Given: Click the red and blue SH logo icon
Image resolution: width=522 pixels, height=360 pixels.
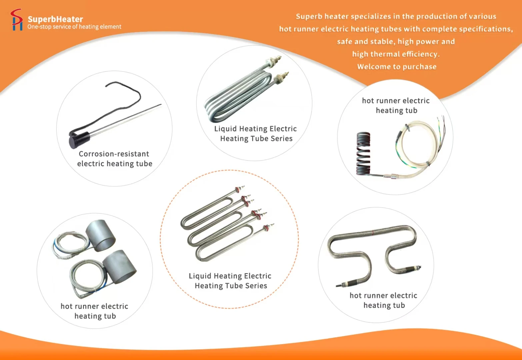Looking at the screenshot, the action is coord(17,20).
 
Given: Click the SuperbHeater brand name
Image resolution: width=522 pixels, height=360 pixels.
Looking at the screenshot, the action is coord(55,19).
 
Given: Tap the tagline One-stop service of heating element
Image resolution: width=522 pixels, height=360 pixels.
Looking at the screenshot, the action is coord(74,27).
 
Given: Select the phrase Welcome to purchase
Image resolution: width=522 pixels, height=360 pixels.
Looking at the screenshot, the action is coord(397,67).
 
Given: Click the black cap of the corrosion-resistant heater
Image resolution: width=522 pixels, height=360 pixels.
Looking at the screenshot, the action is coord(79,140).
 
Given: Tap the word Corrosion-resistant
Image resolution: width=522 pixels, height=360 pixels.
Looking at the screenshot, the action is coord(114,154).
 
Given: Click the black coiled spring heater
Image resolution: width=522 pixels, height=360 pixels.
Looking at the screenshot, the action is coord(363,154).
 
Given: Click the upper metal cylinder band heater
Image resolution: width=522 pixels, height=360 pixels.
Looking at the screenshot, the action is coord(101,236).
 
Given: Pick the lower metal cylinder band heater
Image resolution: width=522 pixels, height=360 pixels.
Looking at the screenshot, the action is coord(119,264).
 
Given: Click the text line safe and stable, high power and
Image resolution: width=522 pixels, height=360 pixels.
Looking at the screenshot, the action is coord(396,41).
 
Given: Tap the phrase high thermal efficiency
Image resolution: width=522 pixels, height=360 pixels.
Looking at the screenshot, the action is coord(396,54).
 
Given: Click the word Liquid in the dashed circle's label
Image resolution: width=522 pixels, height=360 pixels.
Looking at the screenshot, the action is coord(200,276).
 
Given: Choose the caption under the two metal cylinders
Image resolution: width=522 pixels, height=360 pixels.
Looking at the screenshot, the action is coord(95,311).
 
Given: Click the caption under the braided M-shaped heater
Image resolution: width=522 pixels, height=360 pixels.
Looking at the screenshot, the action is coord(384,300).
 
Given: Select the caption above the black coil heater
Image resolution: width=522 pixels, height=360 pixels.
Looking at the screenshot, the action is coord(396,106).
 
